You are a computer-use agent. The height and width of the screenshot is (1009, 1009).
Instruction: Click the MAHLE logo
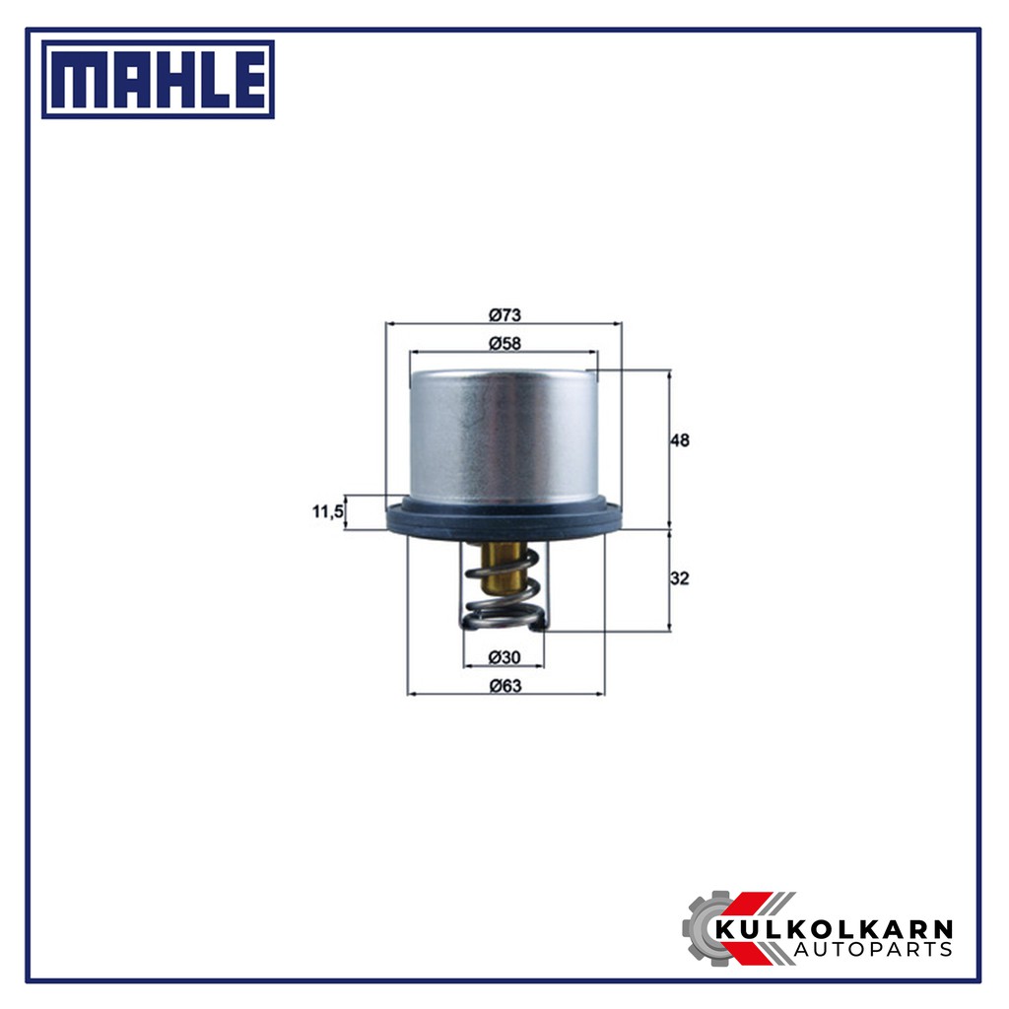(158, 79)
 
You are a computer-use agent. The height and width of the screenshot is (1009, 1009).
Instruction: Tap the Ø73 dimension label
(504, 315)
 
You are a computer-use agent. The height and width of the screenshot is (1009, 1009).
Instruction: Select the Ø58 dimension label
(504, 343)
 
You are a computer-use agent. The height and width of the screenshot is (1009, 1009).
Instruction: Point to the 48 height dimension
(679, 440)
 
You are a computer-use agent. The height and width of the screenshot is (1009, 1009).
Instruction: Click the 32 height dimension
(679, 579)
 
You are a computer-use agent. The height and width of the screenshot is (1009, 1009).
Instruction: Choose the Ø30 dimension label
(504, 657)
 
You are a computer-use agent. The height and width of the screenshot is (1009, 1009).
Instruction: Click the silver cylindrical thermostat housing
(504, 434)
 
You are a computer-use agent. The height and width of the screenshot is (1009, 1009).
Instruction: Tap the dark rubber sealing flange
(504, 518)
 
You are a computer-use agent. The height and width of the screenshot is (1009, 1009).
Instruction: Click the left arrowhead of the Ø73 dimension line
(389, 323)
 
